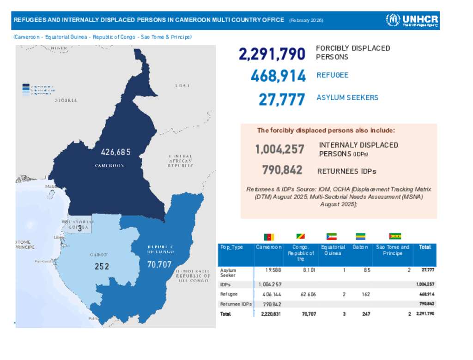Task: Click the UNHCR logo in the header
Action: pos(412,20)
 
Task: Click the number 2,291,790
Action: pos(272,54)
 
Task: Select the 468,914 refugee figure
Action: pos(278,76)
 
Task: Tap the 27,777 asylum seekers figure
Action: pos(282,99)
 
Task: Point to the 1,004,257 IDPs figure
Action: pos(279,150)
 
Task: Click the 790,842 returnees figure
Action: pos(282,170)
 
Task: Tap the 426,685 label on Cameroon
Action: pos(115,152)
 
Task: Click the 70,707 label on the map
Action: pos(159,265)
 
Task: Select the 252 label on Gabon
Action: pos(102,266)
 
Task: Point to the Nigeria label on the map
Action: pos(66,100)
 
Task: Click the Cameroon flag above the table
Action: pos(269,237)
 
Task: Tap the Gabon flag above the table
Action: pos(359,237)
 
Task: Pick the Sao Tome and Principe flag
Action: pos(395,237)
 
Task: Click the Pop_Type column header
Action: pos(231,247)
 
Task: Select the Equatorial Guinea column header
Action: pos(333,250)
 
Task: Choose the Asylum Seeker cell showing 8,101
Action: pos(309,270)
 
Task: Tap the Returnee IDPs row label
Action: pos(236,304)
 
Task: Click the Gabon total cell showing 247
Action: pos(366,314)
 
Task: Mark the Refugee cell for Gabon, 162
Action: pos(366,294)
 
